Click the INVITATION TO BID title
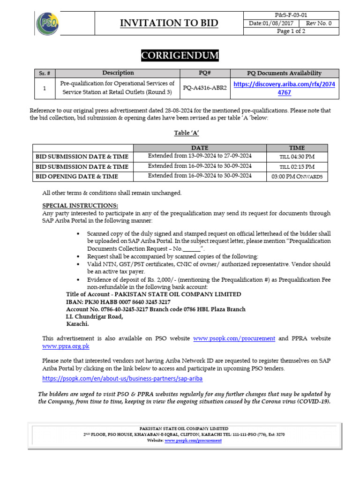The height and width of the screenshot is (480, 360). tap(169, 23)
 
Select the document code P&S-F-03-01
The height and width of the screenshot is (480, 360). tap(291, 15)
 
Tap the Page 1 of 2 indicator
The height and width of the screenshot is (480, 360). tap(291, 31)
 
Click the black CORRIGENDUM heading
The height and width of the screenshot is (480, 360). tap(180, 56)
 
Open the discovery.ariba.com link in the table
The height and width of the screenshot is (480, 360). tap(284, 88)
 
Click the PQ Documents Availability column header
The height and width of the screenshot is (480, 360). tap(284, 73)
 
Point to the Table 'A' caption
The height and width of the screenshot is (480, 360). tap(180, 133)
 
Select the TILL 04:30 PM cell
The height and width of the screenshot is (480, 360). tap(297, 156)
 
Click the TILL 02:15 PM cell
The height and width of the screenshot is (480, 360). tap(297, 166)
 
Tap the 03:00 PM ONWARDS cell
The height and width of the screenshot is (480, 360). tap(297, 176)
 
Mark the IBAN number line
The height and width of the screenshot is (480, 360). tap(118, 302)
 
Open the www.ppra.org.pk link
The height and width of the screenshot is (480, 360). tap(66, 346)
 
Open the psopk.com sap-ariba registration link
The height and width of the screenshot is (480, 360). tap(122, 378)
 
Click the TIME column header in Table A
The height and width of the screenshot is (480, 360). tap(297, 147)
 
